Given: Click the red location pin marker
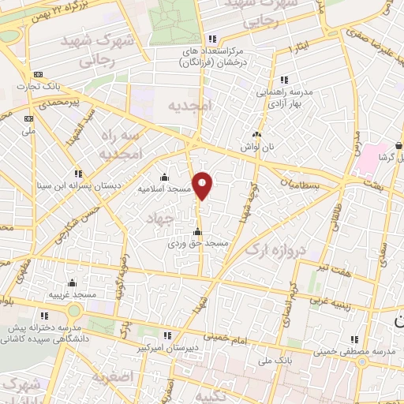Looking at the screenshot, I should pos(203,185).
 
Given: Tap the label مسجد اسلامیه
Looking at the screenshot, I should pos(163,189).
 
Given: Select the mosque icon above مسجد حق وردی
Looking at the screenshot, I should pos(197,232).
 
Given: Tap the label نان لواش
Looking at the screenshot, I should pos(256,148).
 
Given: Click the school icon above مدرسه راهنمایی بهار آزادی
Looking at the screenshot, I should pos(283,80).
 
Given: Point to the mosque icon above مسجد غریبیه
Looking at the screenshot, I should pos(72,282).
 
